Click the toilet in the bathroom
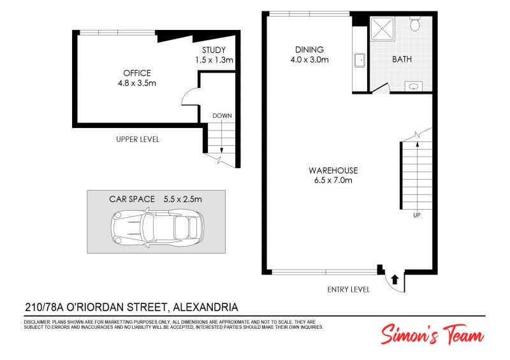(x=415, y=24)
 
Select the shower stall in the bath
(x=382, y=29)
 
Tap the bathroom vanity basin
(x=413, y=87)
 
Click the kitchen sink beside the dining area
(x=360, y=60)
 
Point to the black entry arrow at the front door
(x=395, y=280)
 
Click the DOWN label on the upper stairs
(x=222, y=116)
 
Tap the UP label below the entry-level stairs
(x=417, y=215)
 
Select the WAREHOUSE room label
(x=333, y=170)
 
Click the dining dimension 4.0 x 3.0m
(x=309, y=60)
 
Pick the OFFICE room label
(x=137, y=73)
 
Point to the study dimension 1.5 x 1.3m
(x=214, y=60)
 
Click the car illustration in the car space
(x=157, y=227)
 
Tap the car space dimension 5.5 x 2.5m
(x=182, y=199)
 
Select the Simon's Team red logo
(x=432, y=335)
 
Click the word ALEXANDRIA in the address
(x=205, y=307)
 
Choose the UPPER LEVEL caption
(x=138, y=140)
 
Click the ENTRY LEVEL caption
(x=349, y=289)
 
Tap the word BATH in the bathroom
(x=402, y=59)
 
